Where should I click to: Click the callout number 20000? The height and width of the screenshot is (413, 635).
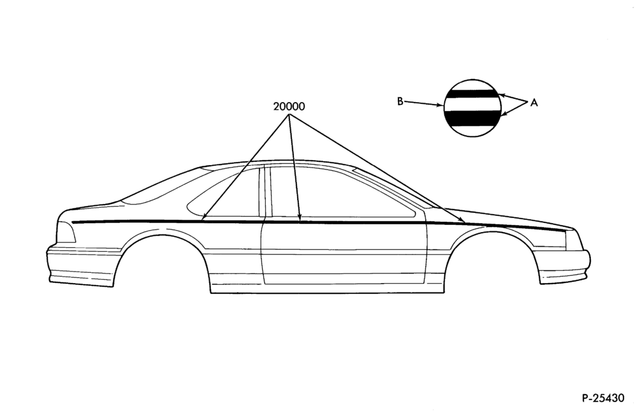coord(289,106)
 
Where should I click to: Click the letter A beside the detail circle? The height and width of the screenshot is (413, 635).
coord(534,103)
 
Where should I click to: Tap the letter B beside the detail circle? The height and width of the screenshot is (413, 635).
coord(400,101)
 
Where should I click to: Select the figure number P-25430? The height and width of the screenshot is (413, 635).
coord(603,398)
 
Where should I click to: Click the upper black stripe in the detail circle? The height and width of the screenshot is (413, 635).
coord(472,94)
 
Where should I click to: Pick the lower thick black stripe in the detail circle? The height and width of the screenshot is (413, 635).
coord(472,117)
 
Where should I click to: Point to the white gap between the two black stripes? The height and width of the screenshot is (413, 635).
coord(472,104)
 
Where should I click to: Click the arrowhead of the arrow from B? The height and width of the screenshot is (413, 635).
coord(441,106)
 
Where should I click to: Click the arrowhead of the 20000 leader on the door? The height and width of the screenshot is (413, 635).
coord(299,219)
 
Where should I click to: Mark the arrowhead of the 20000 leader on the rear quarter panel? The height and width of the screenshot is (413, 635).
coord(204,218)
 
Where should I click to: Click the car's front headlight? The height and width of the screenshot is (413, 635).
coord(574,240)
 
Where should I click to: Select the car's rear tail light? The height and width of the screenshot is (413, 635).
coord(66,232)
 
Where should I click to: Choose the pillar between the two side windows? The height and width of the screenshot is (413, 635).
coord(265,191)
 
